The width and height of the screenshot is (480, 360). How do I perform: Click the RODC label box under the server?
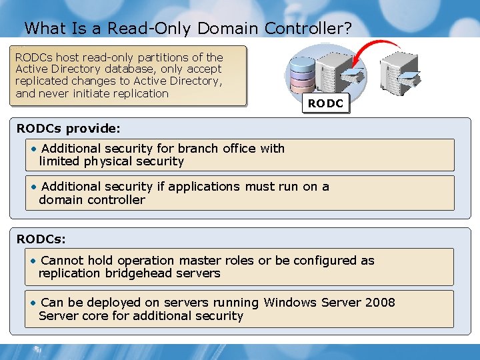325,103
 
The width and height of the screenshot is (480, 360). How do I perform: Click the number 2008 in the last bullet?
380,303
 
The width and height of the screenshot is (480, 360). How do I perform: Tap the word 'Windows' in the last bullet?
290,303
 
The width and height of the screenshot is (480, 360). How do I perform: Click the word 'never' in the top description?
57,93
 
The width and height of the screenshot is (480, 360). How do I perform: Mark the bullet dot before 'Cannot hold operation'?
33,261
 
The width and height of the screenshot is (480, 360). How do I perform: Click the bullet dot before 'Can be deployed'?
33,303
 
